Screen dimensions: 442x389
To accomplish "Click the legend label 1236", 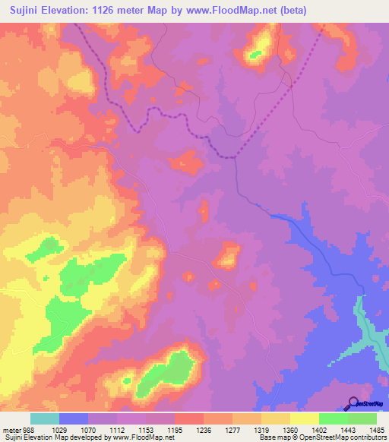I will pos(204,429).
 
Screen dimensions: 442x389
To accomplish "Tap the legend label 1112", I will pos(117,429).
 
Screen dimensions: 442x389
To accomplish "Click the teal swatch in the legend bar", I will pos(45,418).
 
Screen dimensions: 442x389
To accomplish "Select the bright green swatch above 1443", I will pos(333,418).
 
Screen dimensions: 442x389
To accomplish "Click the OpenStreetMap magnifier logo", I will pos(353,403).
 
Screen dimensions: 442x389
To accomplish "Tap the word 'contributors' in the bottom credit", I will pos(368,437).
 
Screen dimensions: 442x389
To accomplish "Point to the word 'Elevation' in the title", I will pos(68,11).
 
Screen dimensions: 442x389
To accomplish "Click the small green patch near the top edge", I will pos(255,54).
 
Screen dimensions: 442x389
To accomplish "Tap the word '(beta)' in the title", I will pos(365,11).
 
